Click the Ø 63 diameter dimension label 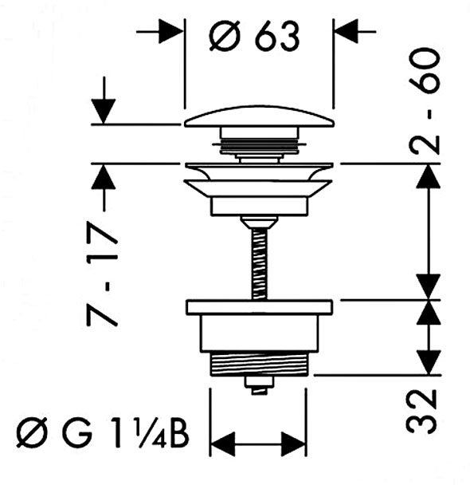(x=254, y=36)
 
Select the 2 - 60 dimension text (x=424, y=101)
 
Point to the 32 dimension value (x=421, y=412)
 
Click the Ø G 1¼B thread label (x=103, y=432)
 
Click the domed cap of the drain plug (x=260, y=116)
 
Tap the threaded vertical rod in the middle (x=260, y=264)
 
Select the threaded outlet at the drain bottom (x=259, y=364)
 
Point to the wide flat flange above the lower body (x=260, y=307)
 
